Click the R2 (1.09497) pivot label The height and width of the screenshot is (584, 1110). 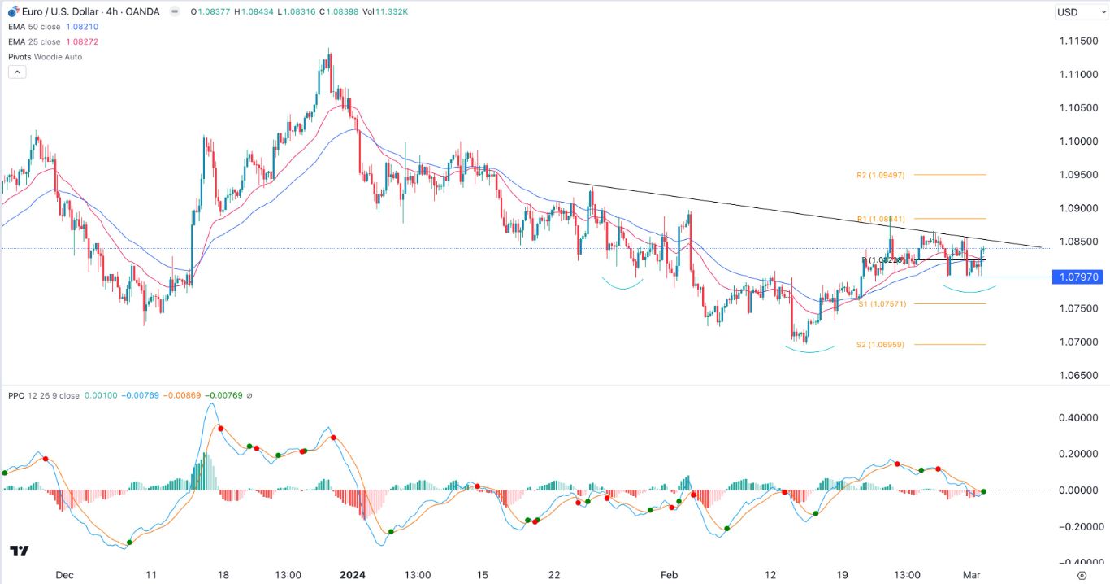point(881,175)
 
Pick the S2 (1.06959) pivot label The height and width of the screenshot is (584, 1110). point(881,345)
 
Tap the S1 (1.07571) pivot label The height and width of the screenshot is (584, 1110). point(881,303)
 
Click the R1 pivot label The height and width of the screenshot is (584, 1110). point(881,219)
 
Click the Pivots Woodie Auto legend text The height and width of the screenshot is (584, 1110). point(46,57)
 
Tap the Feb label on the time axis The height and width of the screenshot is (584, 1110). point(669,574)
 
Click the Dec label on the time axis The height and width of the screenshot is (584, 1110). point(64,574)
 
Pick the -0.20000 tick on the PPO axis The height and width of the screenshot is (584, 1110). point(1074,526)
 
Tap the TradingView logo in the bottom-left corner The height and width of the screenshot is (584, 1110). point(20,551)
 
